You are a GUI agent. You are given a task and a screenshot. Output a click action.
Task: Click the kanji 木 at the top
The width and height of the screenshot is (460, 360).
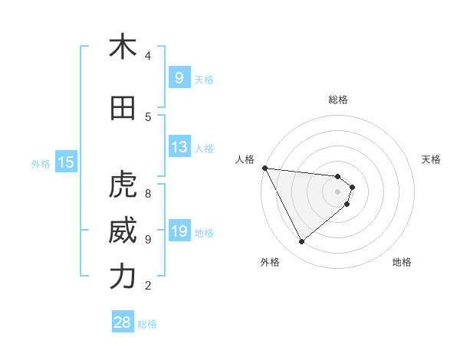[123, 47]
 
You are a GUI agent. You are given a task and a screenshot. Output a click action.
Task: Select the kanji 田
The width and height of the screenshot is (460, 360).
[123, 109]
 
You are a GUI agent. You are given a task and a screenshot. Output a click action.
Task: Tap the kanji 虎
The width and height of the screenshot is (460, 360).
[123, 186]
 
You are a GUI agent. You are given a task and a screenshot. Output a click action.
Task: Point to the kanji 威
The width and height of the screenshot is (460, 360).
[123, 231]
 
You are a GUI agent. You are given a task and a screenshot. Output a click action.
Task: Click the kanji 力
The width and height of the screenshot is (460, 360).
[123, 277]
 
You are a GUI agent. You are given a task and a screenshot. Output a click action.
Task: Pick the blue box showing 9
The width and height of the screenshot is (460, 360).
[179, 77]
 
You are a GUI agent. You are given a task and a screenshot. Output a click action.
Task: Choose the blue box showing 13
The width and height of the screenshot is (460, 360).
[179, 147]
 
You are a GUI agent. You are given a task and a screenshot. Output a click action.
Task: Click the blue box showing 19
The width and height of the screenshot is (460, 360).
[179, 231]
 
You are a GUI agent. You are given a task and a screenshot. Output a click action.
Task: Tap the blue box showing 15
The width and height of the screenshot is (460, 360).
[65, 162]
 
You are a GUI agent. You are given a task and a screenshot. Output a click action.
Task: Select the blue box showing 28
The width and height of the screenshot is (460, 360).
[122, 322]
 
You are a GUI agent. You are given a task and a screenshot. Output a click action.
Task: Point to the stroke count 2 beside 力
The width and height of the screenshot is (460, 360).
[148, 286]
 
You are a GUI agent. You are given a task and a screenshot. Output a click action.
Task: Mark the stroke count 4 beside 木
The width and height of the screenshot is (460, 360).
[148, 55]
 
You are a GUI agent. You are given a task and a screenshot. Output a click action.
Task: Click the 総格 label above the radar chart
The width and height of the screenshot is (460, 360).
[338, 100]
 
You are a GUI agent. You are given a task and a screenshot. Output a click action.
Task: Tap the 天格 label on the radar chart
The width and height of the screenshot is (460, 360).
[431, 159]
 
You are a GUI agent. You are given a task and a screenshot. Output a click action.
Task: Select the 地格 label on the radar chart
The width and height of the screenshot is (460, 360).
[402, 262]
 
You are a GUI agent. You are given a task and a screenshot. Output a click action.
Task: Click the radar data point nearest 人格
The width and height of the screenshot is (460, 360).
[264, 168]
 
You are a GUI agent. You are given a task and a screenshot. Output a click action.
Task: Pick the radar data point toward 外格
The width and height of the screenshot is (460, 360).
[301, 241]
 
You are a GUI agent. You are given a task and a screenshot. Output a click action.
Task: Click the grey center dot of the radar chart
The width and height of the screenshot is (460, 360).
[338, 191]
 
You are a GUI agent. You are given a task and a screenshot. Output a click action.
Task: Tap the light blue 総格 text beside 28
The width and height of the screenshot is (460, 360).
[147, 324]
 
